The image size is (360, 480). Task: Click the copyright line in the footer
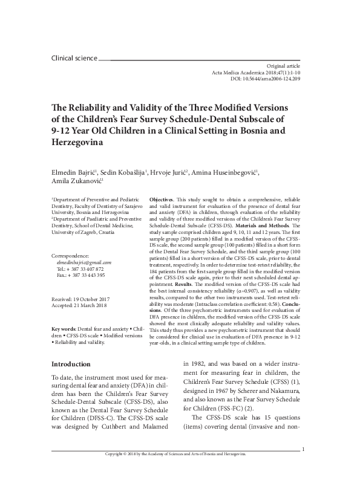(x=175, y=471)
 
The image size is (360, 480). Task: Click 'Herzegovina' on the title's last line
(x=77, y=143)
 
